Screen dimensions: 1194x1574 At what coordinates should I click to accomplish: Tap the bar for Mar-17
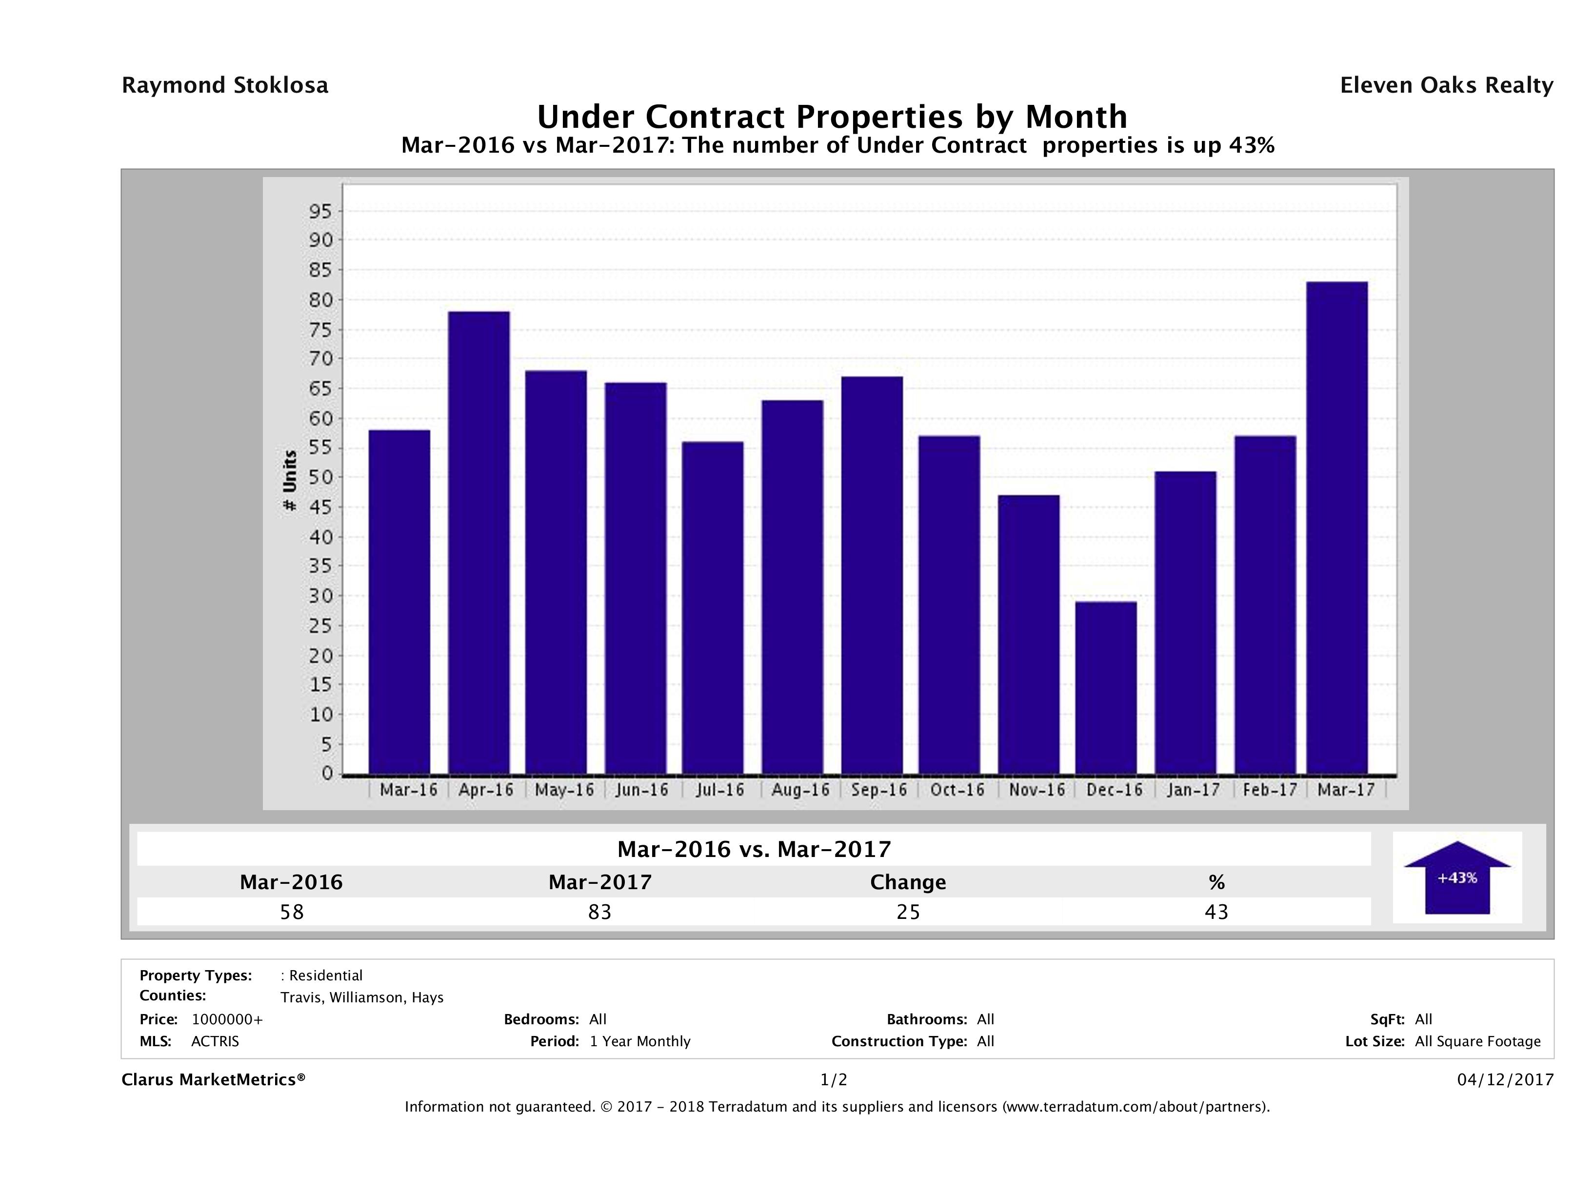pos(1337,527)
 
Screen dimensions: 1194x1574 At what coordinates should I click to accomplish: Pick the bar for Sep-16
pos(872,575)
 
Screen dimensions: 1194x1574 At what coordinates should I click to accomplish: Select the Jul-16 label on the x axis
pos(719,790)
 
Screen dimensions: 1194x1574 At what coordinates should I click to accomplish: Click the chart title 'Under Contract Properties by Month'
pos(831,117)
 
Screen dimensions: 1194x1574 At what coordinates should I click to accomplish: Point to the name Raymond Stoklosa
pos(225,85)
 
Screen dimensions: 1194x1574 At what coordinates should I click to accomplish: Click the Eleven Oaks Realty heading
pos(1446,85)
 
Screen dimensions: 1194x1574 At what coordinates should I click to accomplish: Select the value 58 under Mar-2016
pos(292,912)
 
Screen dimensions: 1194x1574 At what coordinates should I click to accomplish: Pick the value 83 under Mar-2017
pos(600,912)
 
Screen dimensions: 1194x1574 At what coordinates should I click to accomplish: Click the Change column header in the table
pos(908,882)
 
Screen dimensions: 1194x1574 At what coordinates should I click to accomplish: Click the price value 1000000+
pos(227,1019)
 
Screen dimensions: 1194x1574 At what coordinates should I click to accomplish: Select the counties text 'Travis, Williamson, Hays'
pos(361,997)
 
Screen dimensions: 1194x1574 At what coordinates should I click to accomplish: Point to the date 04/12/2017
pos(1505,1079)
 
